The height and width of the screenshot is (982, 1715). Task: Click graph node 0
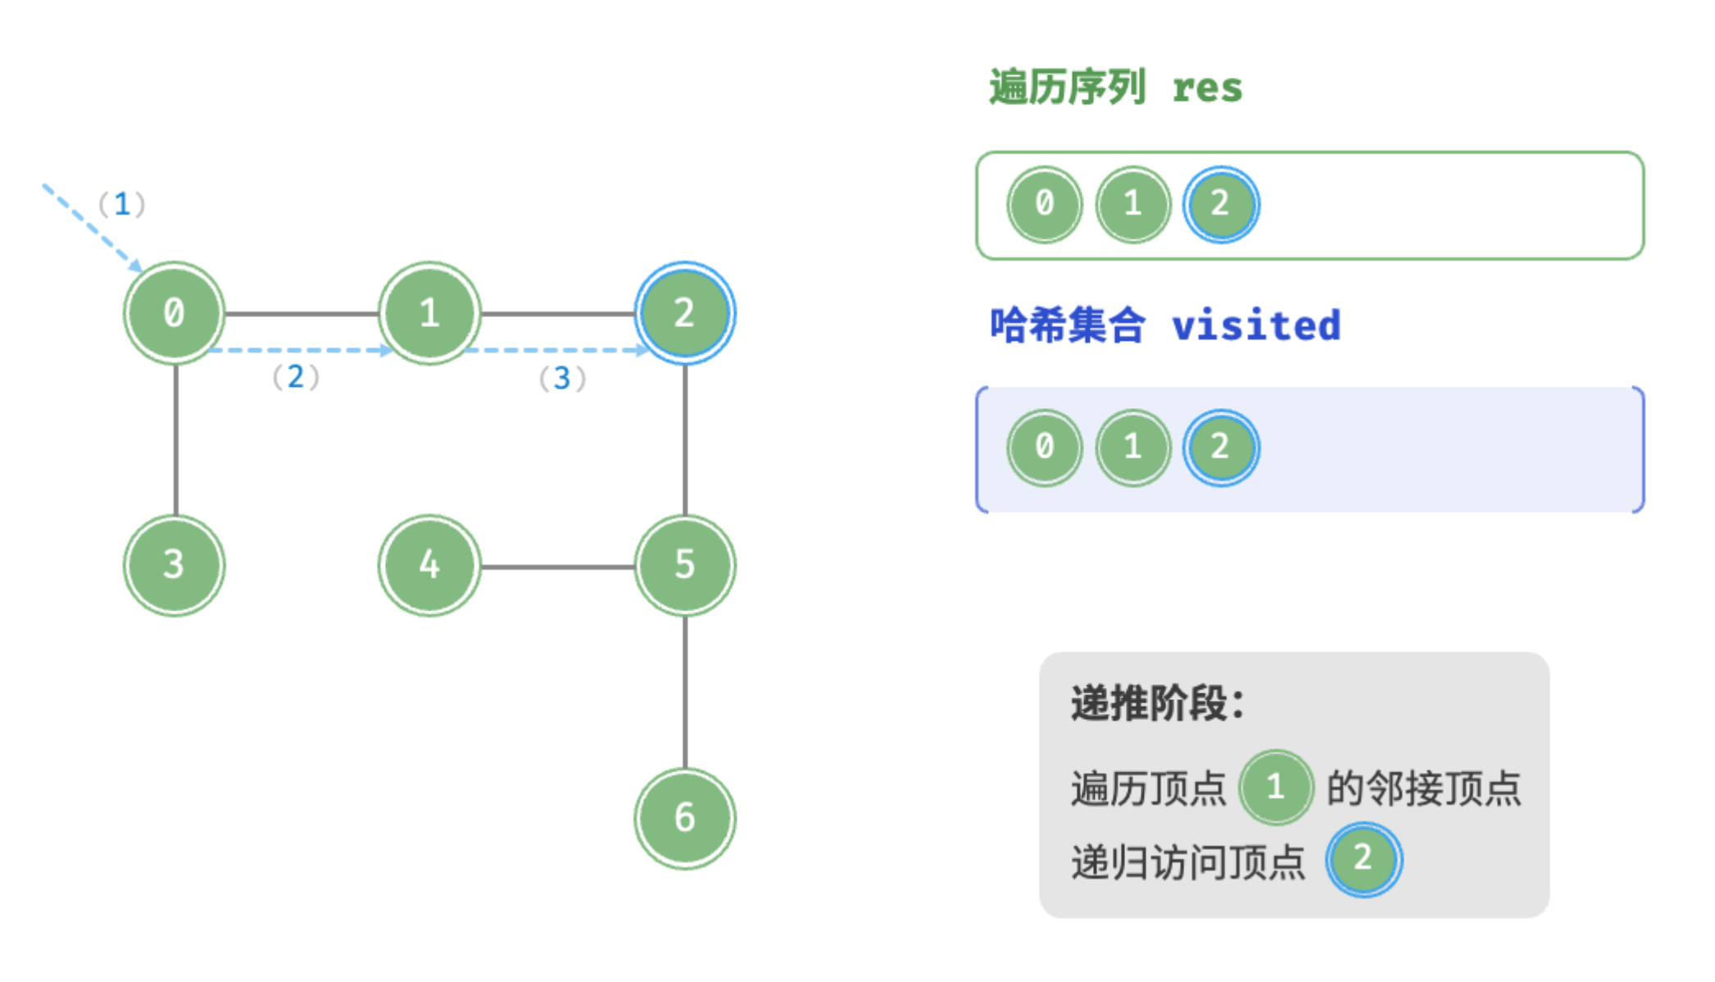tap(175, 313)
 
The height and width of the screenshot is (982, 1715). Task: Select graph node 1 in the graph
tap(429, 313)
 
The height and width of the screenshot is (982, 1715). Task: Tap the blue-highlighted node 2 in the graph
tap(685, 313)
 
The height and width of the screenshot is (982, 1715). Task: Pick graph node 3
tap(175, 566)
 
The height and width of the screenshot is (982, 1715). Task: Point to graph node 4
tap(429, 566)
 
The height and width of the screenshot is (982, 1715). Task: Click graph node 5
tap(685, 566)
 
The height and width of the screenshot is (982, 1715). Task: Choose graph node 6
tap(685, 818)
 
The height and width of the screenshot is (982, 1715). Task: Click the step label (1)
tap(122, 204)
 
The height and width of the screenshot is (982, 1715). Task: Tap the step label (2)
tap(296, 377)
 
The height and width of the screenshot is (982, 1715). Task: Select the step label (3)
tap(562, 379)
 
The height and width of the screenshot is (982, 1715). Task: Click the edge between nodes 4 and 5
tap(557, 566)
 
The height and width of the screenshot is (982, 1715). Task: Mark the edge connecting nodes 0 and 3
tap(176, 439)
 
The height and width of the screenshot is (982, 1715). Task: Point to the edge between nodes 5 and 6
tap(685, 692)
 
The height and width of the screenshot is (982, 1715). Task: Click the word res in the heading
tap(1207, 88)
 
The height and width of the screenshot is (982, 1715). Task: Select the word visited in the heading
tap(1256, 326)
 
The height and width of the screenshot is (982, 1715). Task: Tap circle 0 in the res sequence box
tap(1045, 204)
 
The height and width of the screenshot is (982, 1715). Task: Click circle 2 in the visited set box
tap(1221, 448)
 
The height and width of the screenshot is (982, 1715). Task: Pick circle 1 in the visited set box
tap(1133, 448)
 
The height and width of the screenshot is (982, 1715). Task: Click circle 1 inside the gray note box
tap(1276, 788)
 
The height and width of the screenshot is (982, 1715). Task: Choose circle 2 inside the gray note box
tap(1363, 859)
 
